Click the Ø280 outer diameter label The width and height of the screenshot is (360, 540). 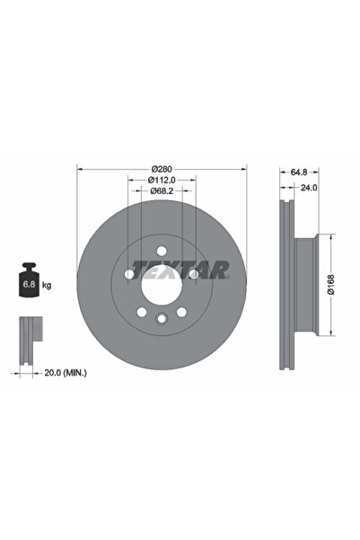coord(162,169)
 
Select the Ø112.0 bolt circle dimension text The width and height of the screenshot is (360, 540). coord(162,180)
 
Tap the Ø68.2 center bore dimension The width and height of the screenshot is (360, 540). coord(161,190)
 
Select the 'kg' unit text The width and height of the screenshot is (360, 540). coord(46,285)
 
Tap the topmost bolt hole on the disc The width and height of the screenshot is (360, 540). coord(161,250)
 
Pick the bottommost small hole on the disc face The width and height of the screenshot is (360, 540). coord(161,318)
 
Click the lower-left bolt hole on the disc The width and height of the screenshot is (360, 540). coord(141,312)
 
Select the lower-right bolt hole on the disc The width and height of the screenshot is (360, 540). coord(180,312)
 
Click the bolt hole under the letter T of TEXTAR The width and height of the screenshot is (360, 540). coord(128,273)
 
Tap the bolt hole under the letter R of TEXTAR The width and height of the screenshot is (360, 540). coord(193,273)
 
